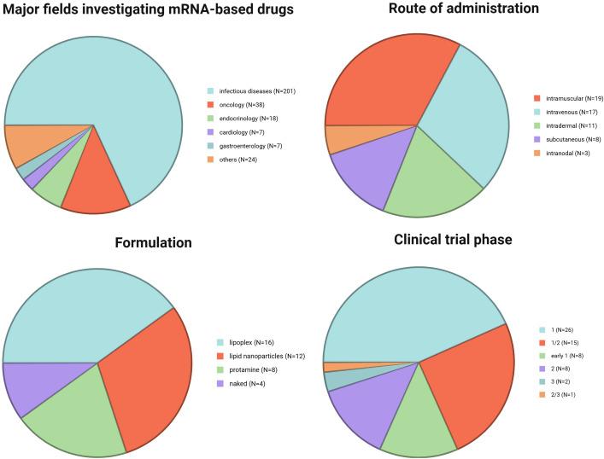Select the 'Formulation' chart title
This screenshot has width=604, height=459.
pyautogui.click(x=153, y=244)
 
